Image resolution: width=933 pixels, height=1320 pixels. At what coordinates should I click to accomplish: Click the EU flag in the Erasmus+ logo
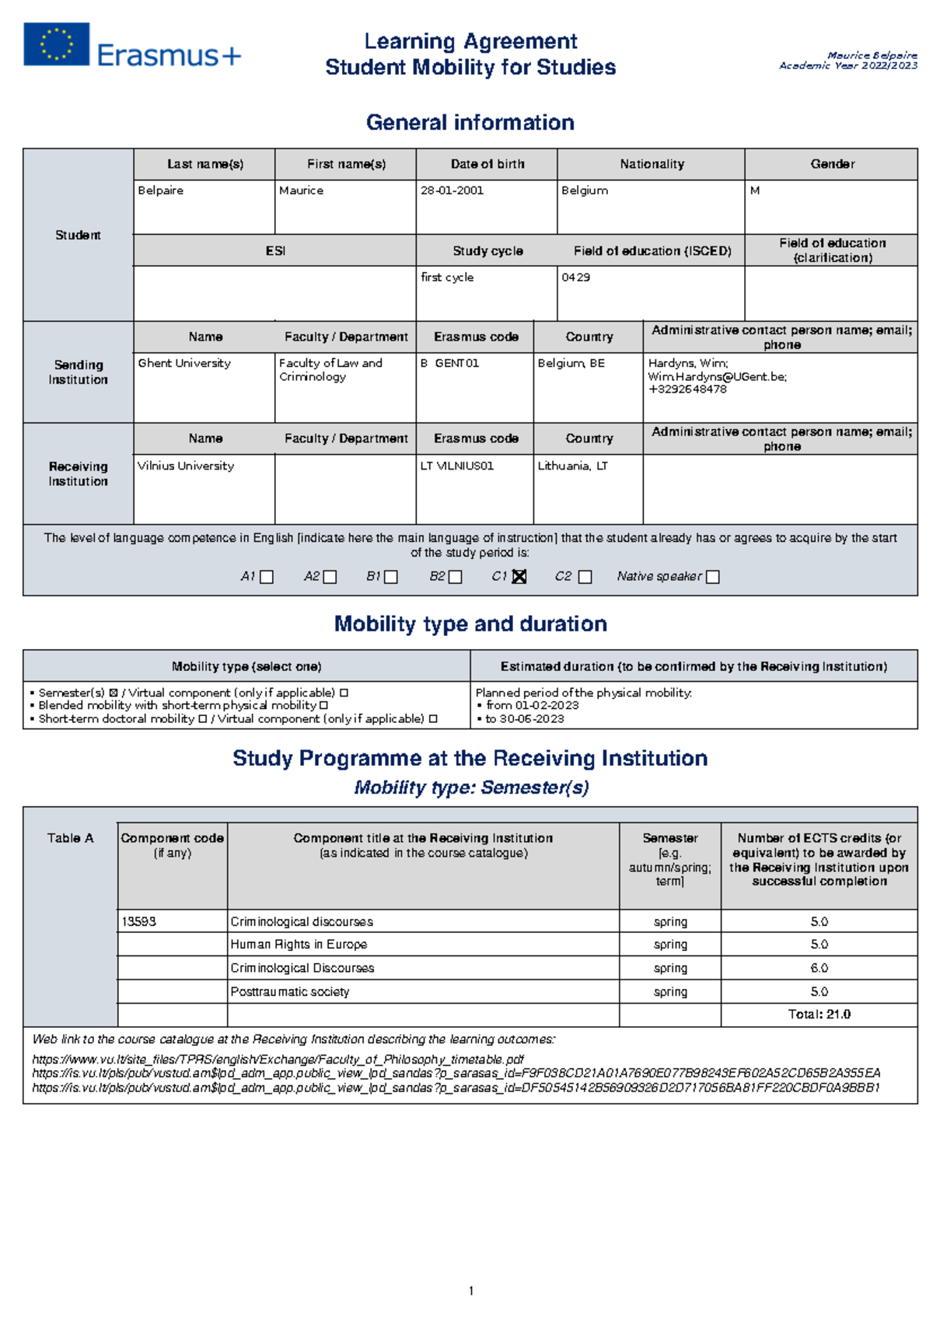(56, 44)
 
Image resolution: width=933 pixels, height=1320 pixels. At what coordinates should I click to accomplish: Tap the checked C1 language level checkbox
(519, 577)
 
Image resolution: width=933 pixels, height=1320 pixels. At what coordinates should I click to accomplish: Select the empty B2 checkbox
(456, 577)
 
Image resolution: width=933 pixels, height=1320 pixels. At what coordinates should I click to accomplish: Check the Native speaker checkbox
(712, 577)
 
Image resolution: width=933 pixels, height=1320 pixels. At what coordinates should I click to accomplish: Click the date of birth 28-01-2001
(452, 190)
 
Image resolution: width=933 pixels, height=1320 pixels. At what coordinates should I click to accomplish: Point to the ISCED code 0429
(575, 278)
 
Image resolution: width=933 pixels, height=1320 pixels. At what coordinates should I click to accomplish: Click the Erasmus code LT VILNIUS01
(457, 466)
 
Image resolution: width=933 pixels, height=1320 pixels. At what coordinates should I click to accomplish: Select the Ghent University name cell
(184, 363)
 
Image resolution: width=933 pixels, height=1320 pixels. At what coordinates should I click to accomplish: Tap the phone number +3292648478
(687, 389)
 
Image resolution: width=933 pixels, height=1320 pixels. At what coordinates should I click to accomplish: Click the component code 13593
(138, 922)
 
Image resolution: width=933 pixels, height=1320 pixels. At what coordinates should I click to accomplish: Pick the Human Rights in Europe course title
(299, 945)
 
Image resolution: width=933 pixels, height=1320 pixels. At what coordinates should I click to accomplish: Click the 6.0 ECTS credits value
(819, 969)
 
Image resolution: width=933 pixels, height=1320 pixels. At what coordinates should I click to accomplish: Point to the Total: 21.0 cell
(819, 1014)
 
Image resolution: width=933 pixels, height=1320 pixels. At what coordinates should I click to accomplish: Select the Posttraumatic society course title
(290, 992)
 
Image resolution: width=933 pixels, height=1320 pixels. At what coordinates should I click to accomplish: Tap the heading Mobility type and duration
(470, 624)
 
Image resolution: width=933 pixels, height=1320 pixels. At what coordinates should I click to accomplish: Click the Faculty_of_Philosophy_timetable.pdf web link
(278, 1060)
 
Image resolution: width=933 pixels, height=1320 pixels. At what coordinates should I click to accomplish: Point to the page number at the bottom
(471, 1291)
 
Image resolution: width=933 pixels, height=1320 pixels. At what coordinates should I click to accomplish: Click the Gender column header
(832, 164)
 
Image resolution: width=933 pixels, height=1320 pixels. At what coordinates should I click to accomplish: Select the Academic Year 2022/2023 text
(847, 66)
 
